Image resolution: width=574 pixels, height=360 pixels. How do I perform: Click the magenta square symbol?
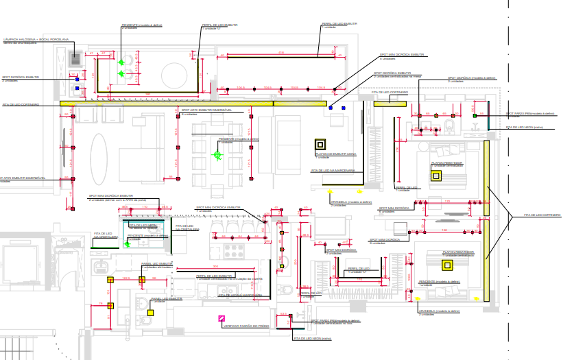[221, 317]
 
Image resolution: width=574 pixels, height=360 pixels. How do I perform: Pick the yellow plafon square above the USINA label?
[320, 145]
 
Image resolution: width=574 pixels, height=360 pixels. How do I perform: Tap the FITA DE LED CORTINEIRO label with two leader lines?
[542, 216]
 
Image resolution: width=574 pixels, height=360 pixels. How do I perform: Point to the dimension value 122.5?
[126, 279]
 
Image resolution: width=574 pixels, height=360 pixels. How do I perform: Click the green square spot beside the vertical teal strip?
[475, 116]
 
